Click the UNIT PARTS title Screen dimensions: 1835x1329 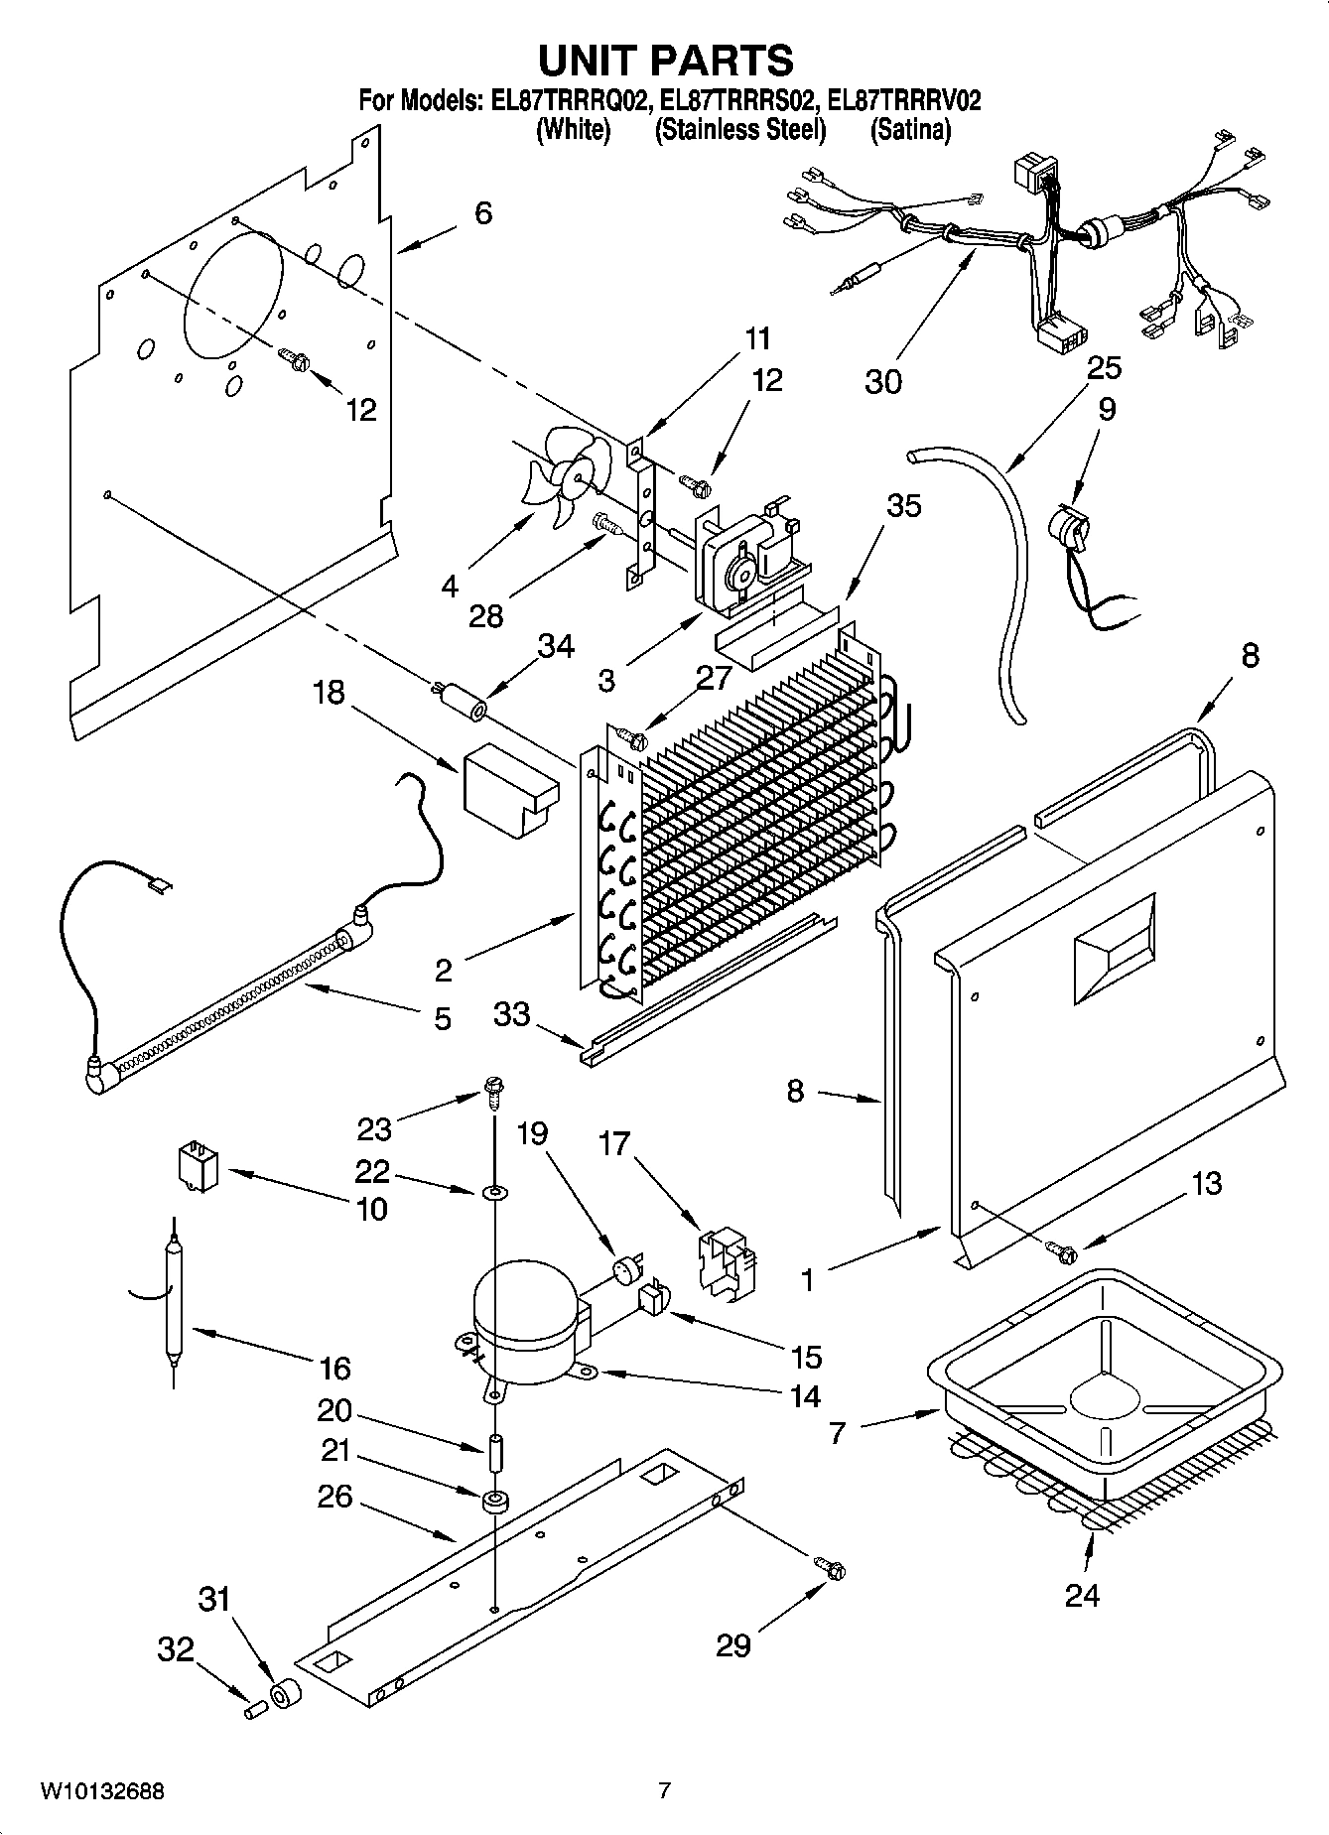[x=664, y=61]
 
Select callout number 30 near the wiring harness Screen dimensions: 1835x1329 [x=882, y=381]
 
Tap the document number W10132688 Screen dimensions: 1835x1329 [x=102, y=1791]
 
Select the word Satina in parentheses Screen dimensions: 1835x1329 [x=909, y=130]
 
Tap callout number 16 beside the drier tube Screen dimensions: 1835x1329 [x=334, y=1369]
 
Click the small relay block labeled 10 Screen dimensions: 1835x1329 [x=197, y=1163]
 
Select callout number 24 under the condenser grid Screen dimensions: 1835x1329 [x=1081, y=1596]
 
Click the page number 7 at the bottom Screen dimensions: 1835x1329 [x=664, y=1791]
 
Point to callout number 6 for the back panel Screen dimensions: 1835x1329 [x=482, y=212]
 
